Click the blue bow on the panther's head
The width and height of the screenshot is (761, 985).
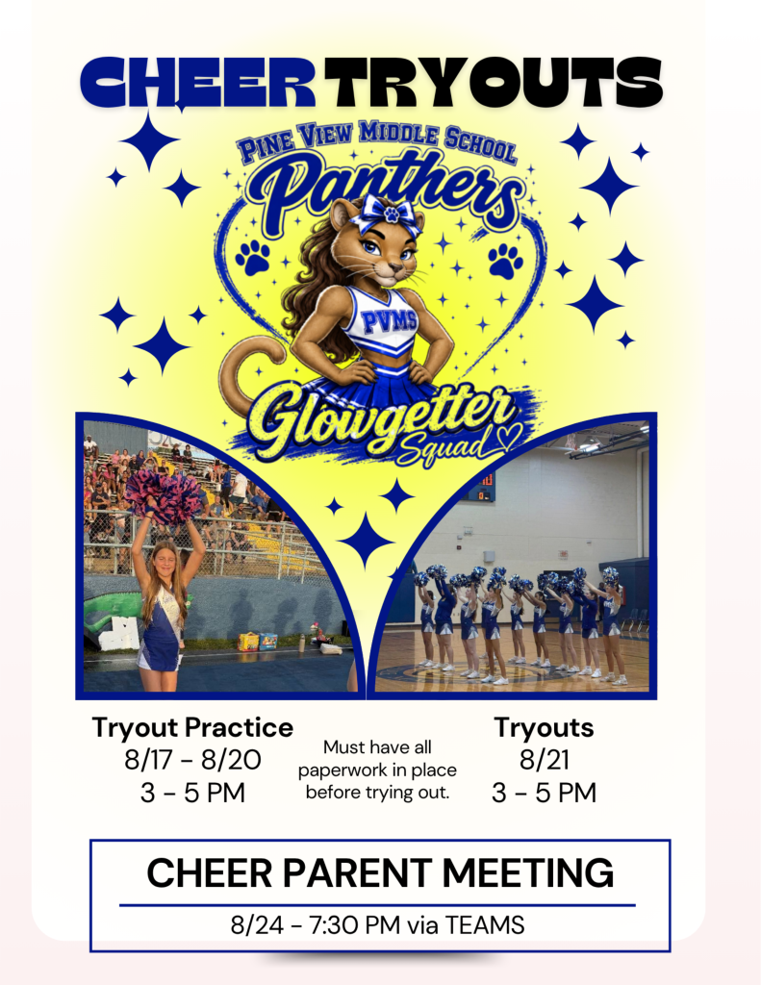[385, 215]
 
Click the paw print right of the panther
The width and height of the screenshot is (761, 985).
[506, 261]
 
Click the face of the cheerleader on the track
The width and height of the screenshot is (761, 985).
[165, 558]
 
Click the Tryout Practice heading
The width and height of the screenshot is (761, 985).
[193, 727]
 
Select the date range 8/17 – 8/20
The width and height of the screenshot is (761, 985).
[193, 760]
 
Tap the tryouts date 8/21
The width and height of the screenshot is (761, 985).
[545, 760]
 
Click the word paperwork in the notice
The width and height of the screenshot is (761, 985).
[342, 770]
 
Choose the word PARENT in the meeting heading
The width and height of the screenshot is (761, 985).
[358, 872]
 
